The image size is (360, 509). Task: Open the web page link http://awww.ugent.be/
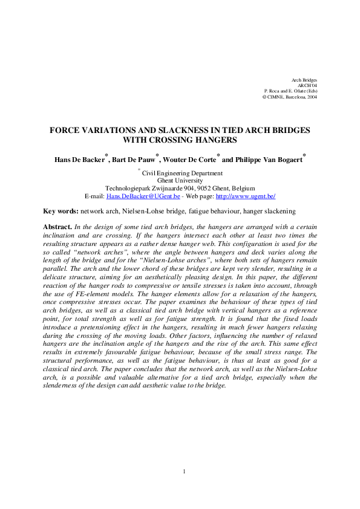pyautogui.click(x=246, y=196)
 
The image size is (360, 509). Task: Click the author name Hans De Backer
pyautogui.click(x=79, y=160)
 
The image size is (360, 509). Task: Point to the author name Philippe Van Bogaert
pyautogui.click(x=269, y=160)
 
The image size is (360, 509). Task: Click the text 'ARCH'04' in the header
pyautogui.click(x=307, y=85)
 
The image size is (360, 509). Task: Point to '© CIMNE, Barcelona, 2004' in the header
pyautogui.click(x=289, y=96)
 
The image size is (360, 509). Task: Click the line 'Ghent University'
pyautogui.click(x=180, y=180)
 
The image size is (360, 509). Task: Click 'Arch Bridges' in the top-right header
pyautogui.click(x=304, y=80)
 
